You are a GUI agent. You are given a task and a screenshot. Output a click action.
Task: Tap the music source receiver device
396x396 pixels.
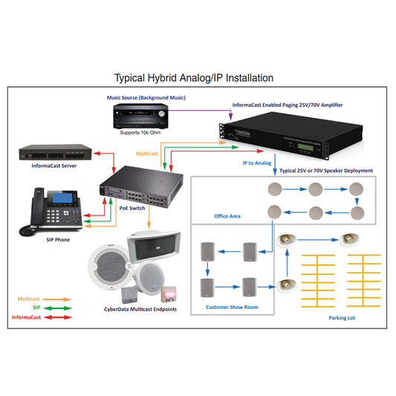140,117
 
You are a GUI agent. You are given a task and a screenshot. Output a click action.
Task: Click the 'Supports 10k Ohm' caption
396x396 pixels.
140,132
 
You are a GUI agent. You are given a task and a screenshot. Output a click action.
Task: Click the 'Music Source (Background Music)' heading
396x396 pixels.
145,97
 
